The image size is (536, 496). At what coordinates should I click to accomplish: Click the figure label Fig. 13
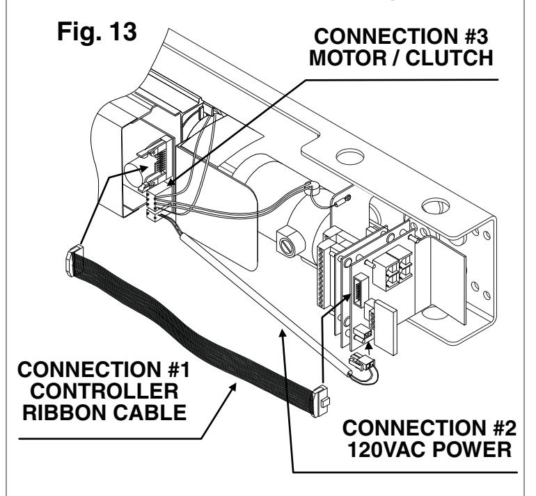coord(97,32)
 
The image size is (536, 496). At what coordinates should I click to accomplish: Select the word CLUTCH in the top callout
coord(450,58)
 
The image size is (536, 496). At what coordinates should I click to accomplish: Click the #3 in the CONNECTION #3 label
coord(475,36)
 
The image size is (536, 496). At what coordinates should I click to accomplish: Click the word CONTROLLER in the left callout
coord(104,391)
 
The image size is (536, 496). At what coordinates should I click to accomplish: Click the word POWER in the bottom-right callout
coord(472,449)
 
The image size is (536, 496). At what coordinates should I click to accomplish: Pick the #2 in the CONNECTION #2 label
coord(504,428)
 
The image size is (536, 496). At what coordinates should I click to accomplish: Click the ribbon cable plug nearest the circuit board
coord(321,401)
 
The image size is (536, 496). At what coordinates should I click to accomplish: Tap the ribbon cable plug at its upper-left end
coord(74,260)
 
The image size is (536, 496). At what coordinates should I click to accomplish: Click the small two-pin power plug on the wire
coord(362,362)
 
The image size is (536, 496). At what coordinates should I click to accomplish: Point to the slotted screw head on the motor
coord(287,246)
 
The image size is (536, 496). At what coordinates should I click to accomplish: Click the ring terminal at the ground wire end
coord(347,198)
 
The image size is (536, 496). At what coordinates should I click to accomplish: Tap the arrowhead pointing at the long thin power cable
coord(282,333)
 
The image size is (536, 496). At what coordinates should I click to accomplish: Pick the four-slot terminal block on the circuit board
coord(392,266)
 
